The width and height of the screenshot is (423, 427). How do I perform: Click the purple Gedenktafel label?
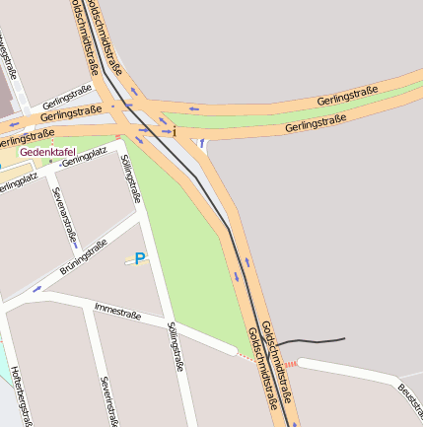click(47, 152)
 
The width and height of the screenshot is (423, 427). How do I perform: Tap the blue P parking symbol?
click(139, 259)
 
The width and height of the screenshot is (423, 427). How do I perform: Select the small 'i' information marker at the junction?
click(175, 131)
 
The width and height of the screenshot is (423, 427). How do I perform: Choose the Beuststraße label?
click(409, 398)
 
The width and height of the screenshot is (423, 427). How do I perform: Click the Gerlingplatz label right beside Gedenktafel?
click(85, 156)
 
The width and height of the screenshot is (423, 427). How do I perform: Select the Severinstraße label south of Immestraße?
click(107, 400)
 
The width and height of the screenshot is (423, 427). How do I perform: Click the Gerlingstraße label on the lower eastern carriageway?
click(315, 124)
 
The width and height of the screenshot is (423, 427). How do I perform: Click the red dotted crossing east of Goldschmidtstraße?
click(291, 364)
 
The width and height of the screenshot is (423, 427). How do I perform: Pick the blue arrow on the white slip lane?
click(201, 144)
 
